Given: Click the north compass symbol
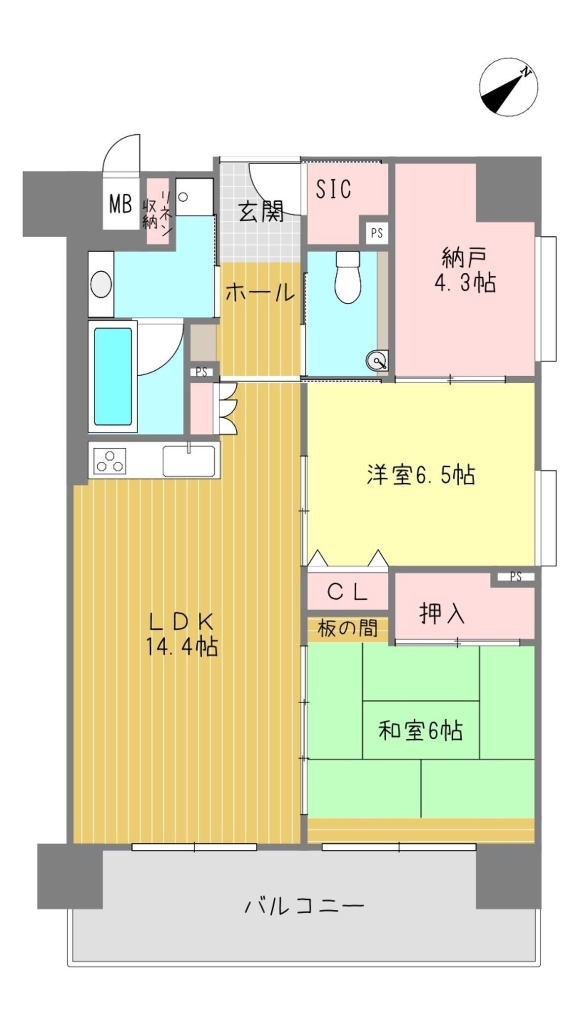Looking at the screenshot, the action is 508,87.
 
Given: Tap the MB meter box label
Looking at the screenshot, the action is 120,204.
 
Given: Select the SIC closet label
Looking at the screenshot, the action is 333,188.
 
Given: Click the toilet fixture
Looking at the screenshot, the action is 348,277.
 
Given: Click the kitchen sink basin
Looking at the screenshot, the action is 188,461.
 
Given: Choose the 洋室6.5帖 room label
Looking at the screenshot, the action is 421,474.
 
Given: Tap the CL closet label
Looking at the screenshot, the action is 348,592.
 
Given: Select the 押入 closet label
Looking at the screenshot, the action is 442,614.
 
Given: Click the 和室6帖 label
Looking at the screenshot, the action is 420,730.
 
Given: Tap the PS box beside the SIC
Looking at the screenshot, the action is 377,233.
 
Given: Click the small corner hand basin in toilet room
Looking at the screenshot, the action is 377,361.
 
